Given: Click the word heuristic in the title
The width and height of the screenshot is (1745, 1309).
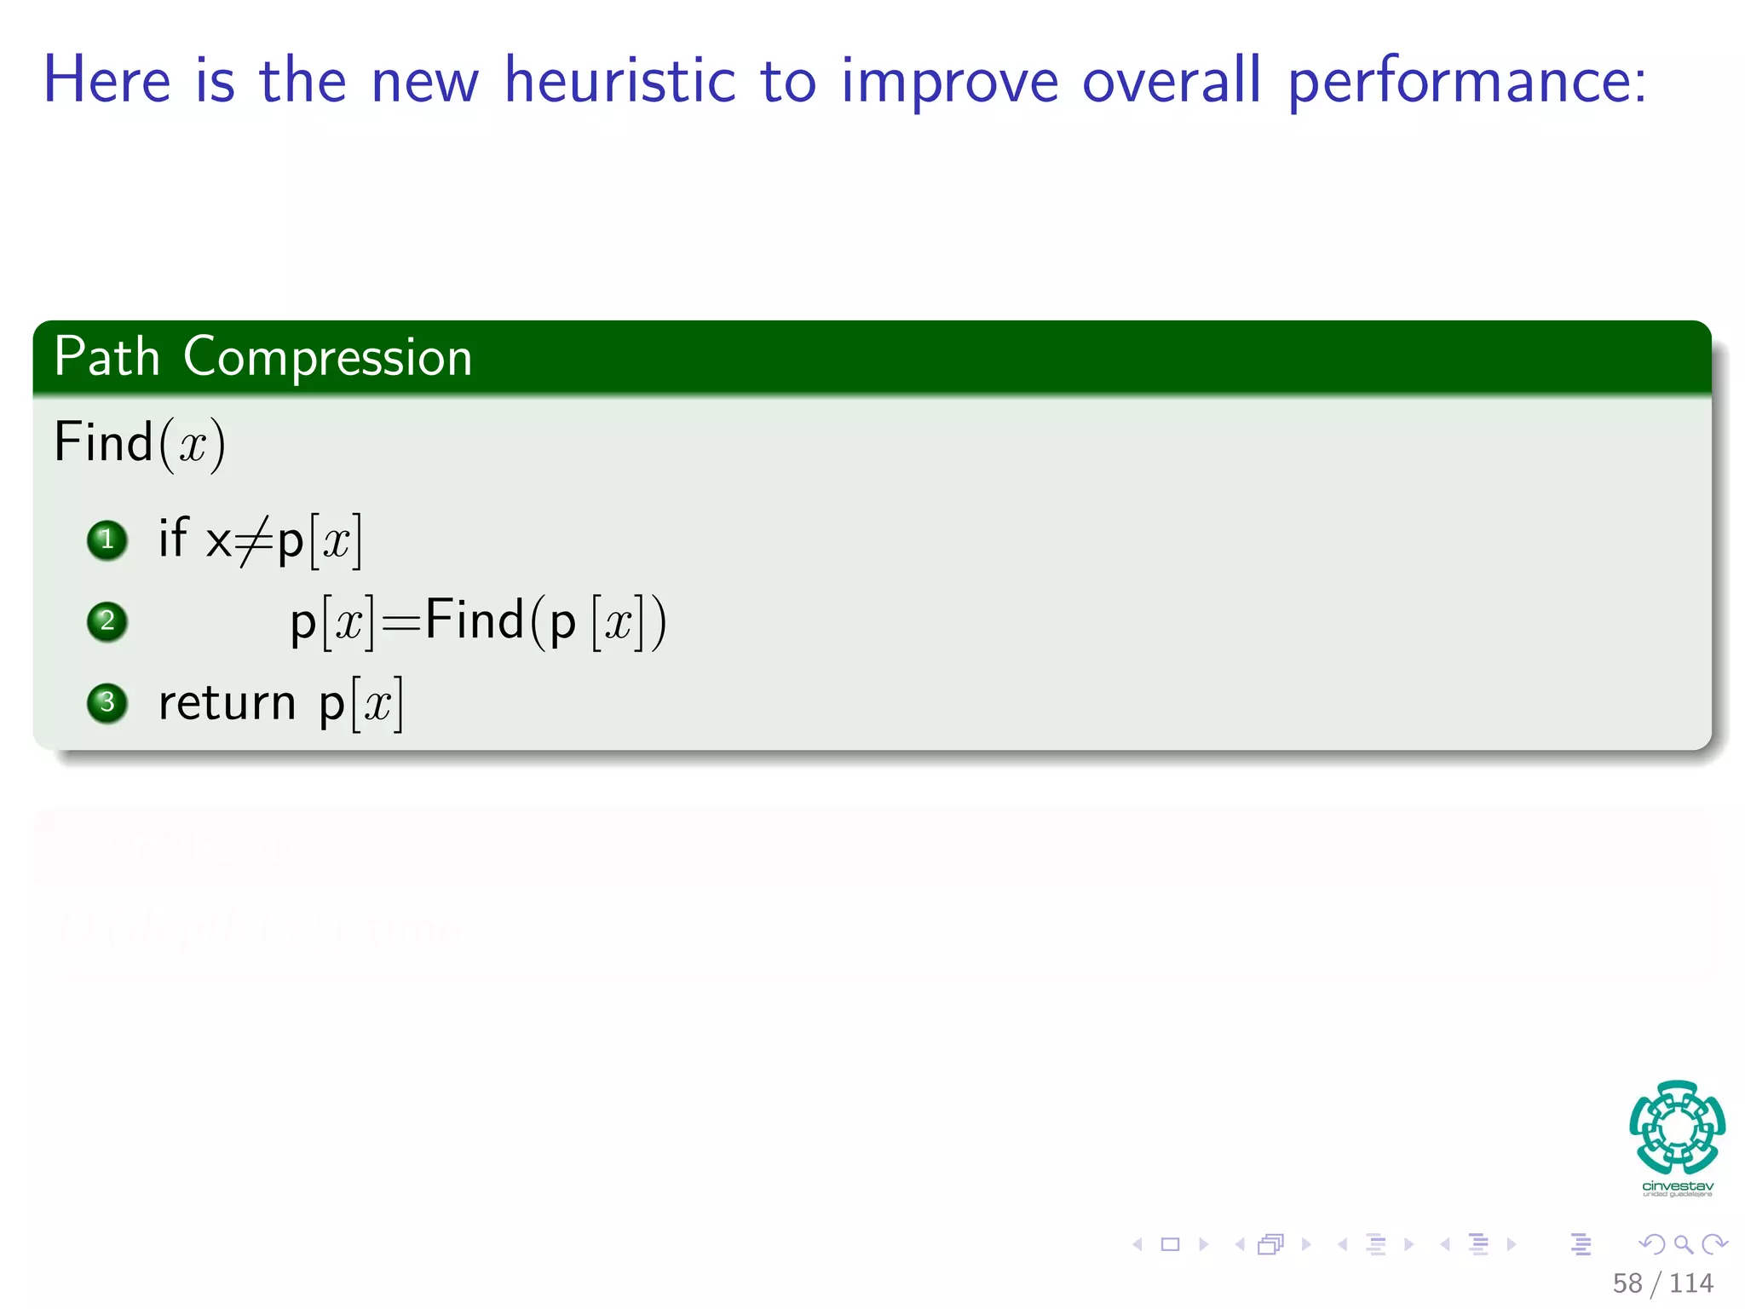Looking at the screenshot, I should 619,81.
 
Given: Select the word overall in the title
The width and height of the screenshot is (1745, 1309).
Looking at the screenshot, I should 1171,81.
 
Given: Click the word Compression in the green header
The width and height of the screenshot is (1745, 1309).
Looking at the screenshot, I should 327,357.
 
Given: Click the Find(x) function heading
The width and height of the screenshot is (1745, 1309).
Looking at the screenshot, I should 139,442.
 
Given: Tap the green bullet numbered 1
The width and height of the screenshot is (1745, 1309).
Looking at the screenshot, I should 107,539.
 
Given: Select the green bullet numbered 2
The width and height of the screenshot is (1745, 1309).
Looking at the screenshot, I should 107,620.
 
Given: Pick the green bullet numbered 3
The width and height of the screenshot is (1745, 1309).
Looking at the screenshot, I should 107,702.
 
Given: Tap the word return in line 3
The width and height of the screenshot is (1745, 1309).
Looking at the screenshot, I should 227,704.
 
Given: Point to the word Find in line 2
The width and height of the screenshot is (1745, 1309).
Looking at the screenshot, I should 474,620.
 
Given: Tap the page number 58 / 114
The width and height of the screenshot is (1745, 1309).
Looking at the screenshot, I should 1662,1283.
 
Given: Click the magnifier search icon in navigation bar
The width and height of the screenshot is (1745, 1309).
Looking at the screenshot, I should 1683,1244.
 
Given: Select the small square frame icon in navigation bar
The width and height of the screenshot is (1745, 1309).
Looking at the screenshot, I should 1171,1244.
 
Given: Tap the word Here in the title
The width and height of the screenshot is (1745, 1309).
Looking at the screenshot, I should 107,81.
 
